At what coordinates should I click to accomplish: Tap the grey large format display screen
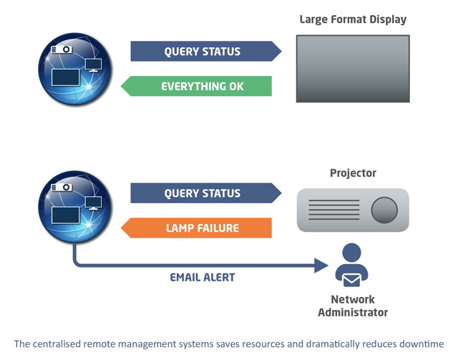353,68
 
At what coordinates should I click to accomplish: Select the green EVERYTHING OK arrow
196,87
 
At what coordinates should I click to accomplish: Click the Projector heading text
353,173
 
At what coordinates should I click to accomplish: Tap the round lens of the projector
384,210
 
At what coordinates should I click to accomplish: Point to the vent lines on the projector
333,210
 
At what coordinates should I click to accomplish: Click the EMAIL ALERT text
202,277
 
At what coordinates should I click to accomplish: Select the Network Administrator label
353,306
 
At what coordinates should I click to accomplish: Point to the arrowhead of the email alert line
322,266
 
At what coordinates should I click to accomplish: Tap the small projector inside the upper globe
62,49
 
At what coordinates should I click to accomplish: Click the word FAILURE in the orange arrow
215,228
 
